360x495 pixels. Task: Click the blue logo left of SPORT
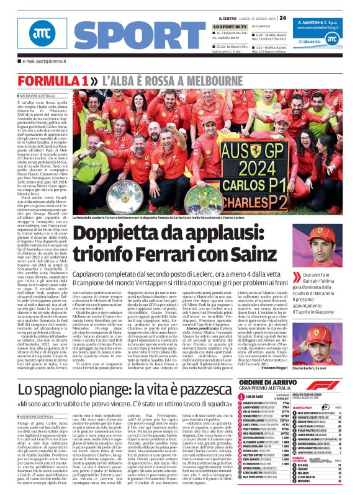tap(42, 37)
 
